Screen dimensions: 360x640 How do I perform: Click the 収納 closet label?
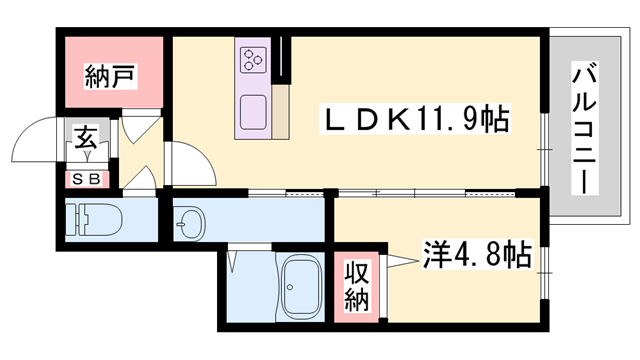point(358,284)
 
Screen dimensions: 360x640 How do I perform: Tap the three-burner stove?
point(251,61)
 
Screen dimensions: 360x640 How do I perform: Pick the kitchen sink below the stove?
point(252,108)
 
